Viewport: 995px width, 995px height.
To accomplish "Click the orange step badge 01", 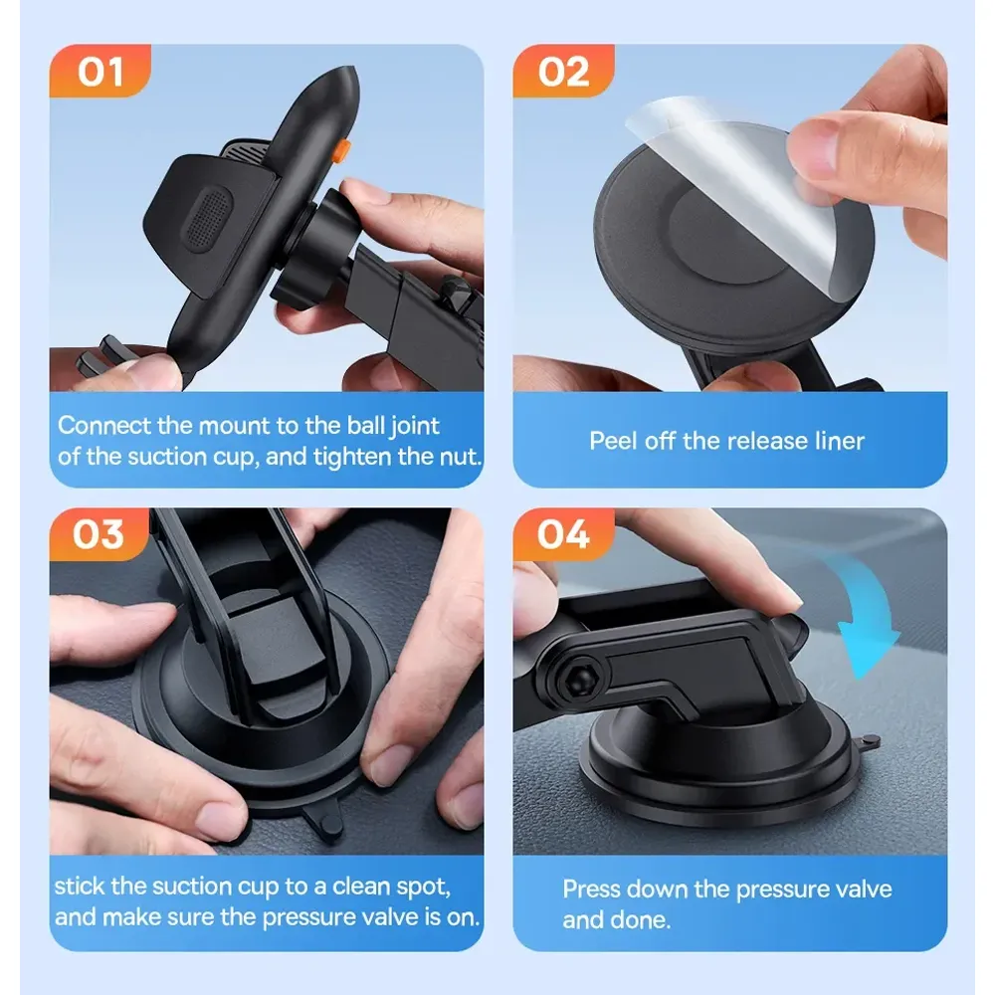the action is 99,71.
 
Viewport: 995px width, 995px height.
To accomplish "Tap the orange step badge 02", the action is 563,71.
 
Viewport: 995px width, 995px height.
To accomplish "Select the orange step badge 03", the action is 99,534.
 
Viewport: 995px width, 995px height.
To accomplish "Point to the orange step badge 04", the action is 563,534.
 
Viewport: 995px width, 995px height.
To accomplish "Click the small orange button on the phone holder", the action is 342,150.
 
